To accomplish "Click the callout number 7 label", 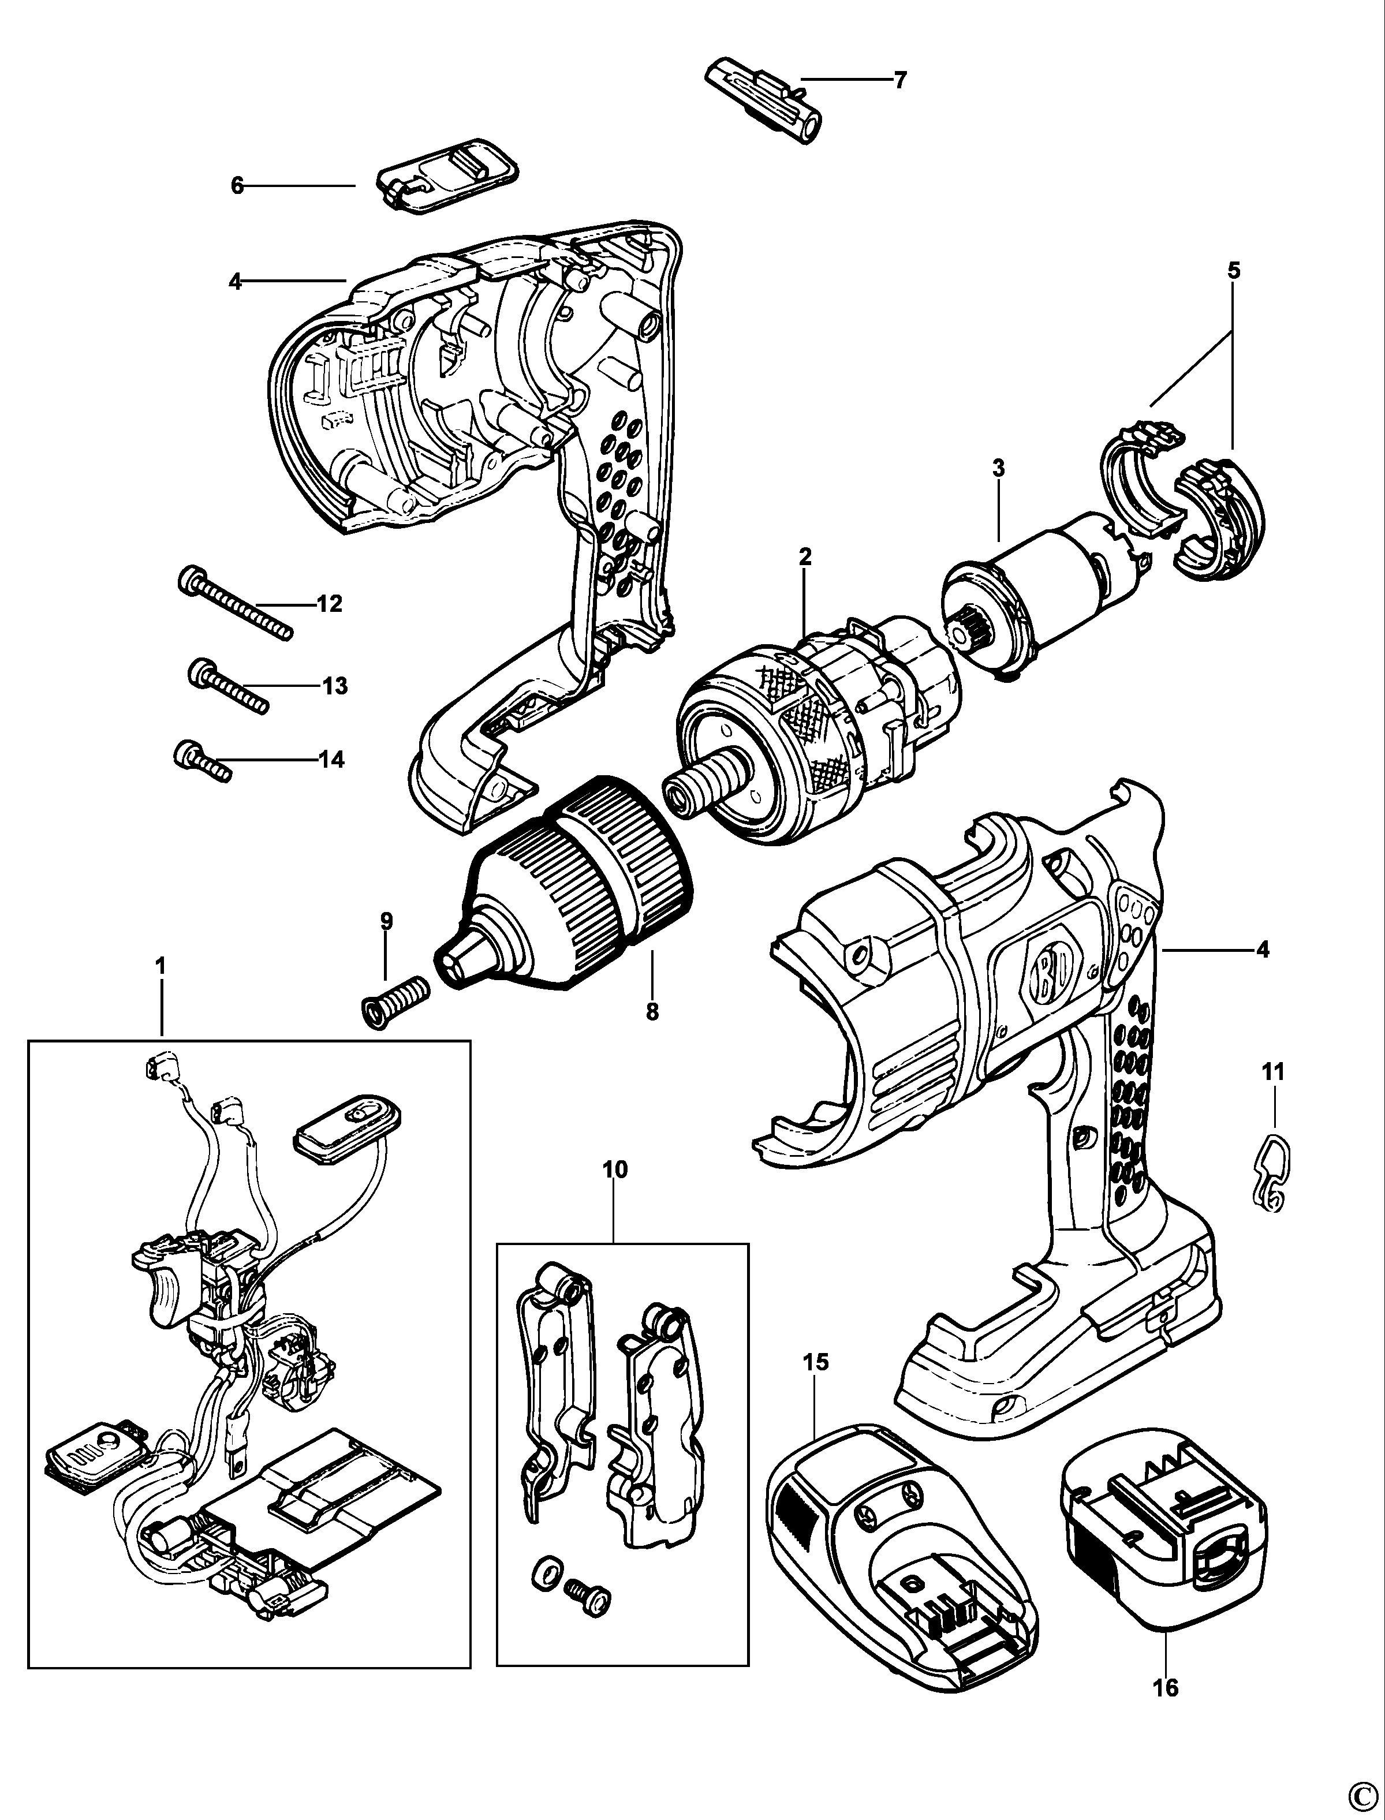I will [899, 80].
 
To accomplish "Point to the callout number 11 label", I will [1273, 1072].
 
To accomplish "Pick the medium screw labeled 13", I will [229, 686].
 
